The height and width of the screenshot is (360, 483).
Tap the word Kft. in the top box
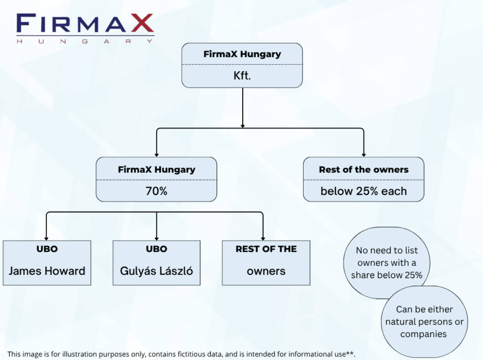click(242, 75)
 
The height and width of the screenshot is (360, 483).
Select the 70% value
click(156, 191)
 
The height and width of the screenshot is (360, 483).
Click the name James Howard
click(47, 271)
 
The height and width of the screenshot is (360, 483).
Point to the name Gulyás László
click(156, 271)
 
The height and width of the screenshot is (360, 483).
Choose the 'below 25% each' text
click(363, 191)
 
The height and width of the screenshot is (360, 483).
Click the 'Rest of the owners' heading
click(363, 170)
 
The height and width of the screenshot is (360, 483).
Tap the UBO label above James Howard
click(47, 249)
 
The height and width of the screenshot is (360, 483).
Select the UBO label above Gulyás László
click(156, 249)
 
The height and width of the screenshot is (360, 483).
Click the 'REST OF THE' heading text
click(266, 249)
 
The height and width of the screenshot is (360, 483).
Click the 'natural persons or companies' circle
click(424, 322)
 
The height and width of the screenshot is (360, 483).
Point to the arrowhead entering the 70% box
click(156, 155)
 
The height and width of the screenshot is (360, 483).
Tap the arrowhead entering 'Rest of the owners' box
click(363, 155)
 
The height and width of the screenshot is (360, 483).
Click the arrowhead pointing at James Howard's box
click(47, 238)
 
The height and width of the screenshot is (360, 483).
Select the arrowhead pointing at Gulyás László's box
click(156, 238)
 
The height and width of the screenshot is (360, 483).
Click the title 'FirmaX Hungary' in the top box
click(242, 54)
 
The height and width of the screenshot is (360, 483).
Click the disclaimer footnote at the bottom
click(181, 354)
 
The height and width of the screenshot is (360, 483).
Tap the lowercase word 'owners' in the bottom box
click(266, 271)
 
